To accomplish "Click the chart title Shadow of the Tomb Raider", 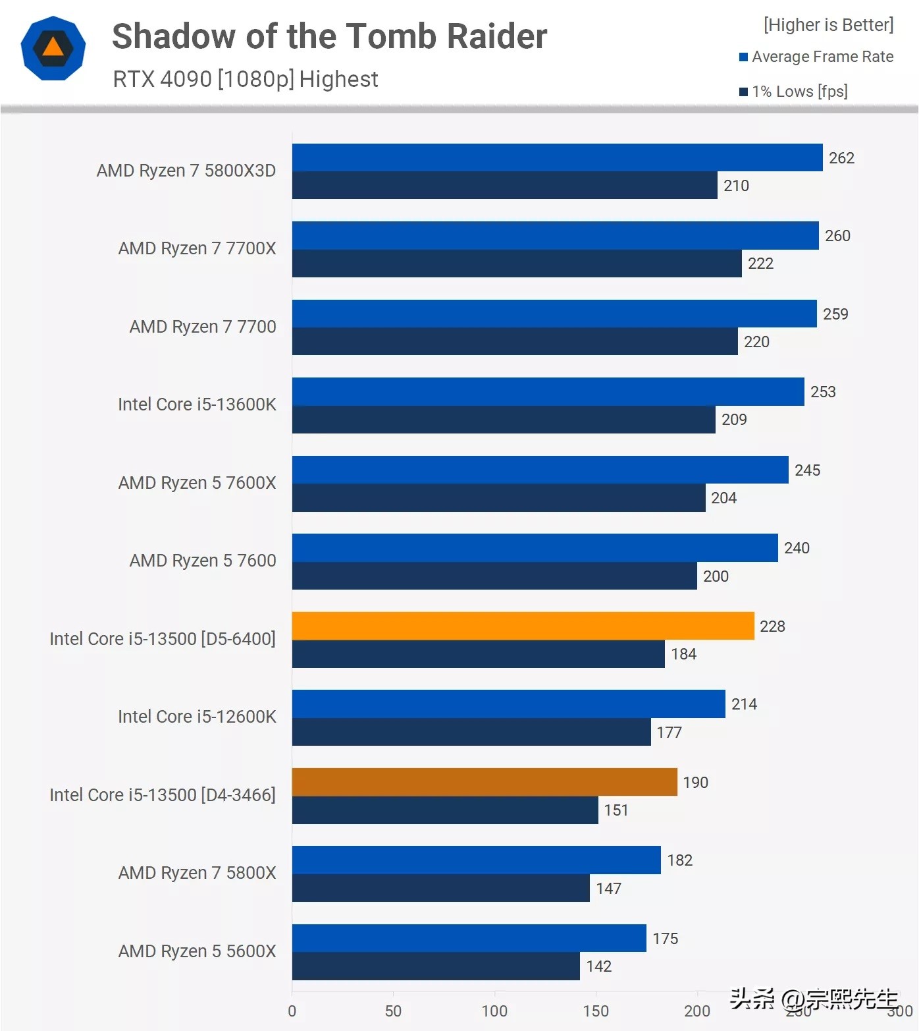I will tap(329, 36).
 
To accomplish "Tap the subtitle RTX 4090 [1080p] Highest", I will tap(245, 79).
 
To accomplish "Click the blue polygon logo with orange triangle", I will tap(53, 48).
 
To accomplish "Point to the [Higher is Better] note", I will tap(828, 25).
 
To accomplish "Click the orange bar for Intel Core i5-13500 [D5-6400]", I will tap(523, 626).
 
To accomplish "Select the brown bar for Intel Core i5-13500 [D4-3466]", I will tap(485, 782).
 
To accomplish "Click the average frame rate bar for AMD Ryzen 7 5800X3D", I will tap(557, 157).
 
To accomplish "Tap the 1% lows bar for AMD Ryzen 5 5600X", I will tap(436, 966).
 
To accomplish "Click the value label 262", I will tap(841, 158).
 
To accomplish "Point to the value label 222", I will tap(760, 264).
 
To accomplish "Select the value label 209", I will tap(734, 420).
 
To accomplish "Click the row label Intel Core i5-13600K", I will tap(197, 404).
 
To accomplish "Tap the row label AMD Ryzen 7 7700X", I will tap(197, 248).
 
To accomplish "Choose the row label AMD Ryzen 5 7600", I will tap(203, 561).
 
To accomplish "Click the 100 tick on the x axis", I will tap(494, 1011).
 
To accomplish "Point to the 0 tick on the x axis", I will tap(292, 1011).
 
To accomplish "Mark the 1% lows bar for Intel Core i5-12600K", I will tap(471, 732).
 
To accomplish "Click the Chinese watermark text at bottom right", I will tap(814, 999).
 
